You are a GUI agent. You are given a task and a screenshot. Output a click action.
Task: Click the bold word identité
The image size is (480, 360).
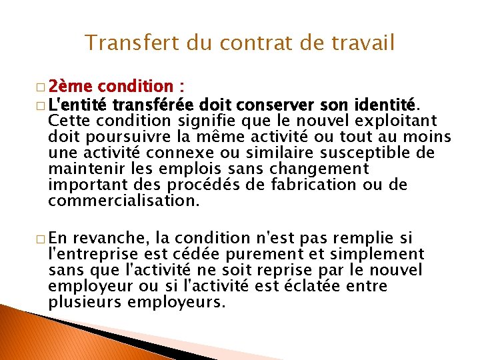pos(385,105)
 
